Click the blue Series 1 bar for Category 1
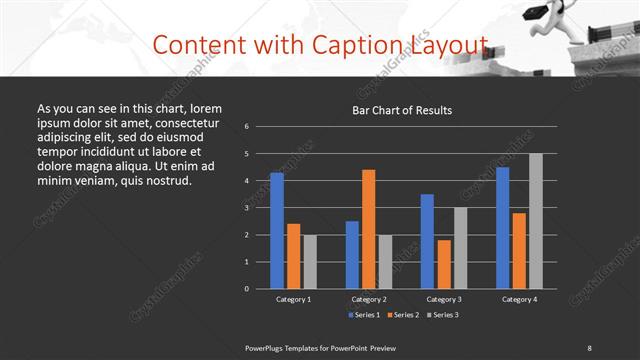277,230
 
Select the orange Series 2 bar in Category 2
368,229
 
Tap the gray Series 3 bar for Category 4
535,221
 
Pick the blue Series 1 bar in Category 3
427,241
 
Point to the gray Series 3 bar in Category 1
310,261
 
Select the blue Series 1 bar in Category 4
502,227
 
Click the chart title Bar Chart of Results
403,110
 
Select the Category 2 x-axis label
368,299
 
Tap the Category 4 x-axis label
519,299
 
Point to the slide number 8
589,347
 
